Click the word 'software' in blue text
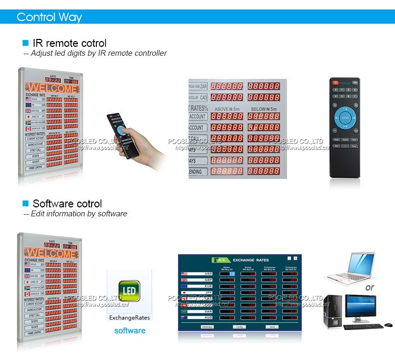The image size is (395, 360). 130,331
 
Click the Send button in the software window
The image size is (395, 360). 272,327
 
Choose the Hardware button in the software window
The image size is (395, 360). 208,327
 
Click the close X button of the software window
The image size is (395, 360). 295,258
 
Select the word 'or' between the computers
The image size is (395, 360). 370,287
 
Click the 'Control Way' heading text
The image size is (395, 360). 50,17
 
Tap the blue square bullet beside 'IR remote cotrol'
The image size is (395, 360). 25,43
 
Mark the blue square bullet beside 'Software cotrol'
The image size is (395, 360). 25,203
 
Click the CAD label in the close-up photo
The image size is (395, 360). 200,97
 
